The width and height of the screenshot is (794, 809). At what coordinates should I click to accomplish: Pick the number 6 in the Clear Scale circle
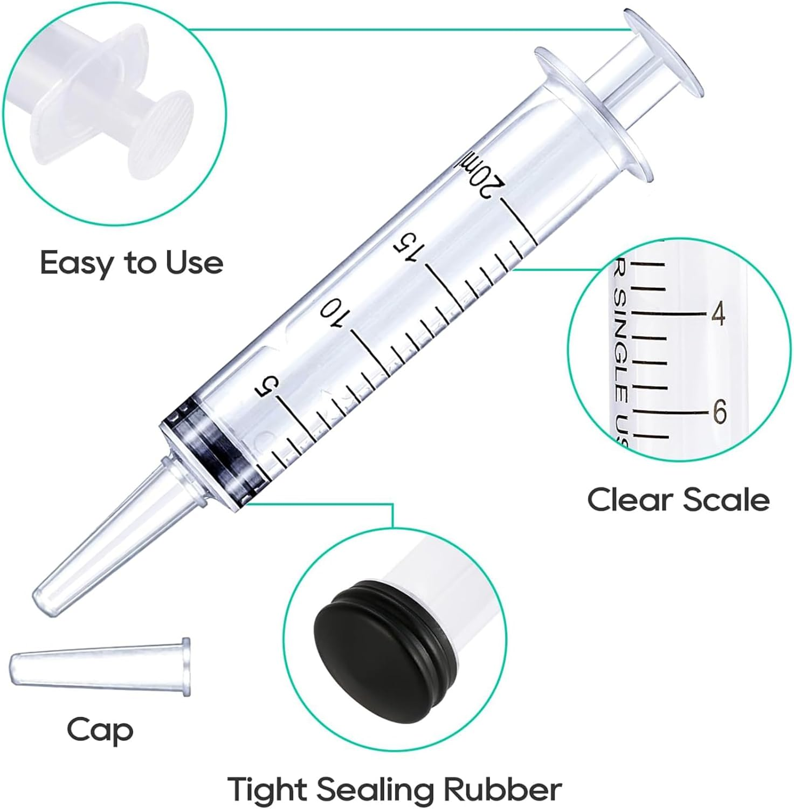click(720, 413)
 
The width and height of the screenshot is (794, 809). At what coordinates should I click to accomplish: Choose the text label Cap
click(100, 730)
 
